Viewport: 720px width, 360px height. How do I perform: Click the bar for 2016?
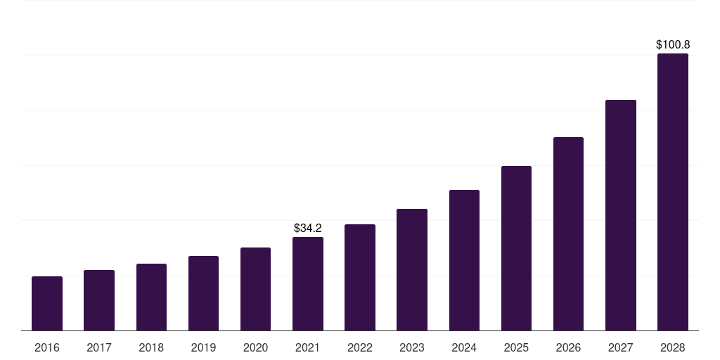[47, 303]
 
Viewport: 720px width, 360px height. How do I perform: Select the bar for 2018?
[151, 297]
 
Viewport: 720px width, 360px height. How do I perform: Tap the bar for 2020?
[255, 289]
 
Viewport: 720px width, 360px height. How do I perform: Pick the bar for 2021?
[308, 283]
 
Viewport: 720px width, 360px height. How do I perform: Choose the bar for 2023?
[412, 269]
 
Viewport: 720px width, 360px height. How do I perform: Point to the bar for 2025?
[516, 248]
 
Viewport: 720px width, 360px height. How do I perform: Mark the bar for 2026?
[568, 233]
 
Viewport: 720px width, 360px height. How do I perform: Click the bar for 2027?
[621, 215]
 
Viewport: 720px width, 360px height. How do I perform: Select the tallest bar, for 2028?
[673, 192]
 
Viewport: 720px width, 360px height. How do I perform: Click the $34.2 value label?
[308, 229]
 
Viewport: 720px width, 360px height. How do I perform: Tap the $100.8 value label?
[673, 45]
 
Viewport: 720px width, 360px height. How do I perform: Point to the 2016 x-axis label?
[47, 347]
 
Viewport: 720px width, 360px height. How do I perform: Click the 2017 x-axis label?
[99, 347]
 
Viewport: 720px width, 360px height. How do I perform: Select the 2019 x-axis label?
[203, 347]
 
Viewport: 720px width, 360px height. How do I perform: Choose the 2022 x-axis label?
[360, 347]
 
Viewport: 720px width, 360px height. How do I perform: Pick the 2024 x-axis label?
[464, 347]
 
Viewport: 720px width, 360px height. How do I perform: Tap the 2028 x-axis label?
[673, 347]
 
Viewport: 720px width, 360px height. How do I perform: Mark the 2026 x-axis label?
[568, 347]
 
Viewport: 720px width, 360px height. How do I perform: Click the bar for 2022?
[360, 277]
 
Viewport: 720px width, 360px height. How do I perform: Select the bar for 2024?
[464, 260]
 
